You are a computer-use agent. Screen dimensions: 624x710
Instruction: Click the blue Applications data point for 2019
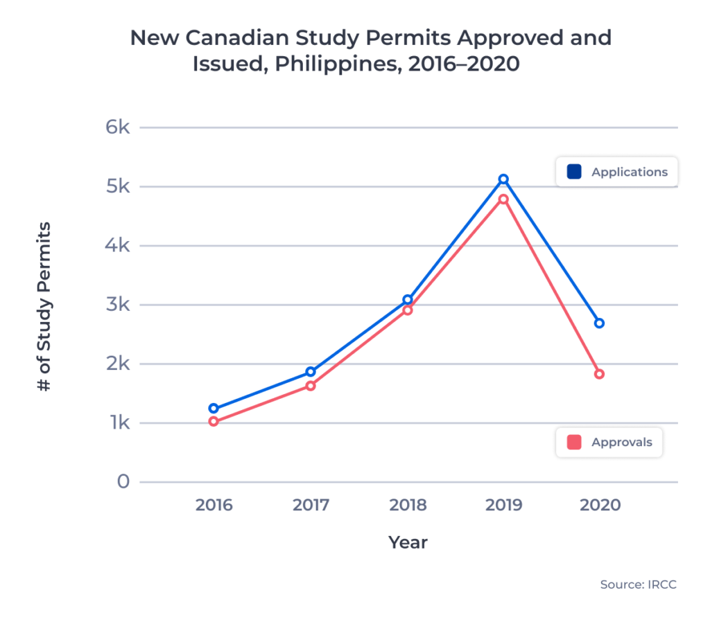point(503,179)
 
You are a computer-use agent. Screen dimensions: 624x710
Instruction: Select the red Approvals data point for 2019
point(503,199)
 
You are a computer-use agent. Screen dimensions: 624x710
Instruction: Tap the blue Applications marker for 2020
point(599,323)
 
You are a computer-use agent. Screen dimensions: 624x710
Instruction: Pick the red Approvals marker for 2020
point(599,374)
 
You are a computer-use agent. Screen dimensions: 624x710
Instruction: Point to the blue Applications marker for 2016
point(214,409)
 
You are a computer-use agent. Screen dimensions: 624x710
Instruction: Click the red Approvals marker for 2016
point(214,421)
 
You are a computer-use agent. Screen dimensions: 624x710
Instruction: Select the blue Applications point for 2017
point(311,372)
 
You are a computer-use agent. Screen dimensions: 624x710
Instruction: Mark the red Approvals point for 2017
point(311,386)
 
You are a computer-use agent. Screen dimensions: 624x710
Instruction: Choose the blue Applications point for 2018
point(408,300)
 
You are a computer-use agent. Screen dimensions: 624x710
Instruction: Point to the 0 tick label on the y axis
point(123,481)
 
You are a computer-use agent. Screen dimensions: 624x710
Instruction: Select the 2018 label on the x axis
point(408,505)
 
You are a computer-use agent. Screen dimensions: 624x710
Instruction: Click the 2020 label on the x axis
point(600,505)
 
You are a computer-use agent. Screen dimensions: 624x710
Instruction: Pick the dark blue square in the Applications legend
point(573,172)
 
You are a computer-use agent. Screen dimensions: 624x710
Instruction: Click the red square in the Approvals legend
point(573,442)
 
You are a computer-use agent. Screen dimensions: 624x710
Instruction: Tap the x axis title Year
point(408,542)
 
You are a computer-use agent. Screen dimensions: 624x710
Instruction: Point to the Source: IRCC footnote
point(638,585)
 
